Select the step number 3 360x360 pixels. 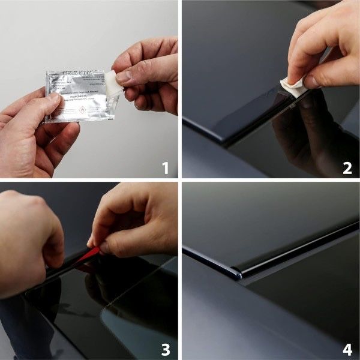(165, 349)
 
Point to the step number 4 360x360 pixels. (347, 349)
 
